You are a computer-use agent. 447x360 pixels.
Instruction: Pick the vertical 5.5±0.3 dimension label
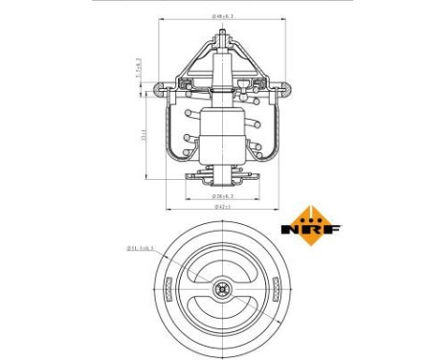tap(143, 67)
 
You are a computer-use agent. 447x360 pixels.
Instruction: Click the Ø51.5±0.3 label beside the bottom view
tap(141, 249)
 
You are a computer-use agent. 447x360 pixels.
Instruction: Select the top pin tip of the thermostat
tap(222, 36)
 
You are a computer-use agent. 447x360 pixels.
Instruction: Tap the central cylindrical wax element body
tap(222, 134)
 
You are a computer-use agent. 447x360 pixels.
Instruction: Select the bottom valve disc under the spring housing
tap(222, 177)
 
